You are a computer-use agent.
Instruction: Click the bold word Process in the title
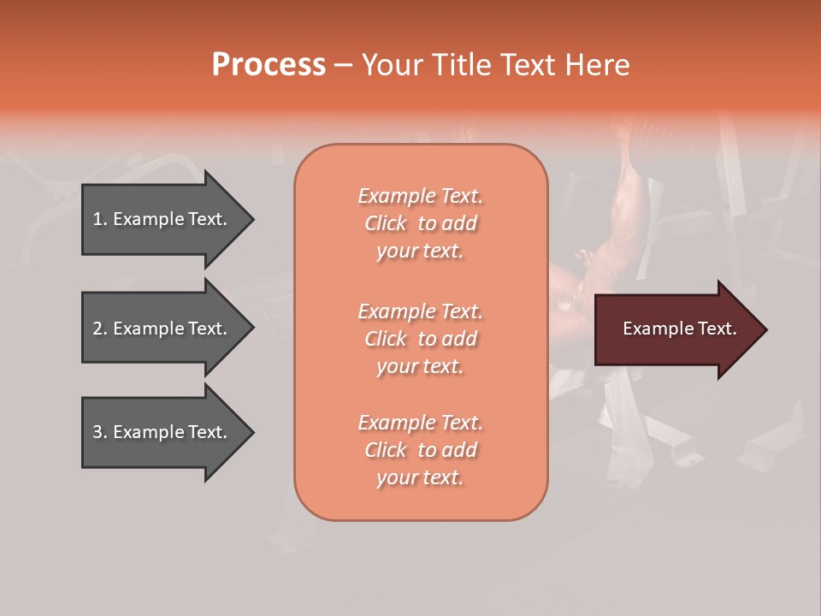point(269,65)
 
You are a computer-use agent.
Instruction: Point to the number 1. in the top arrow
point(100,219)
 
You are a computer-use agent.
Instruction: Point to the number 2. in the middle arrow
point(100,329)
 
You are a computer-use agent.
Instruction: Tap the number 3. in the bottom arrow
point(100,432)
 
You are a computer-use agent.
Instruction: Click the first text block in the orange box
point(420,223)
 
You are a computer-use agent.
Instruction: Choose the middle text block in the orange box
point(420,338)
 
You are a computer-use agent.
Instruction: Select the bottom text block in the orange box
point(420,450)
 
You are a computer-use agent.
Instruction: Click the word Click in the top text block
point(386,223)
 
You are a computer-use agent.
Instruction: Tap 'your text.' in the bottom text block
point(420,477)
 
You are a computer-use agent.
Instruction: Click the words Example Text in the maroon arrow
point(680,329)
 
